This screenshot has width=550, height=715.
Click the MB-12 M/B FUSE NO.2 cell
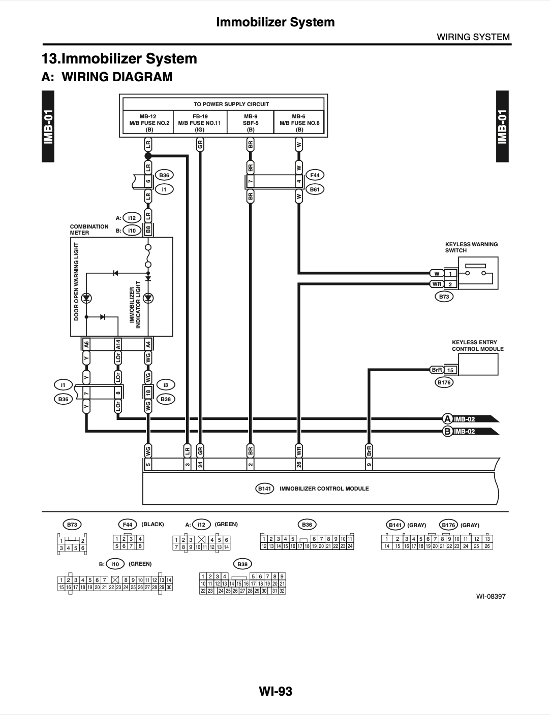148,122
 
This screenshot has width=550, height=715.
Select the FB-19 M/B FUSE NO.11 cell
200,122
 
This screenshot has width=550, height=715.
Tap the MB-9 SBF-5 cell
250,122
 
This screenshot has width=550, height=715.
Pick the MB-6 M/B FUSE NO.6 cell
299,122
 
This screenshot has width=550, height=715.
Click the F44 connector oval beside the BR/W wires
315,175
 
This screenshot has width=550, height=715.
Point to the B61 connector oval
315,189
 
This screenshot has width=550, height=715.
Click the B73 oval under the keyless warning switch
444,297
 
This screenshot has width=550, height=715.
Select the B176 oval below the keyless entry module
444,382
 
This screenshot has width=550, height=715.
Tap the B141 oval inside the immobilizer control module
264,489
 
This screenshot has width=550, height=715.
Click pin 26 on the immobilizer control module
299,464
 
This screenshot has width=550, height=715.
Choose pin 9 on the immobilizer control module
369,464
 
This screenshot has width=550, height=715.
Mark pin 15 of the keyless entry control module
450,370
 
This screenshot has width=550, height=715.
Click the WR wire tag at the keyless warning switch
437,284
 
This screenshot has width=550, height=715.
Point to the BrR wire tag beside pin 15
437,370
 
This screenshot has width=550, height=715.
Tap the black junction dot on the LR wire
148,156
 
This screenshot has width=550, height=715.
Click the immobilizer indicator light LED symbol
148,299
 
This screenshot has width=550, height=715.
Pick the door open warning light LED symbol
86,299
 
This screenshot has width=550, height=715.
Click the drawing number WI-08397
491,596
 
